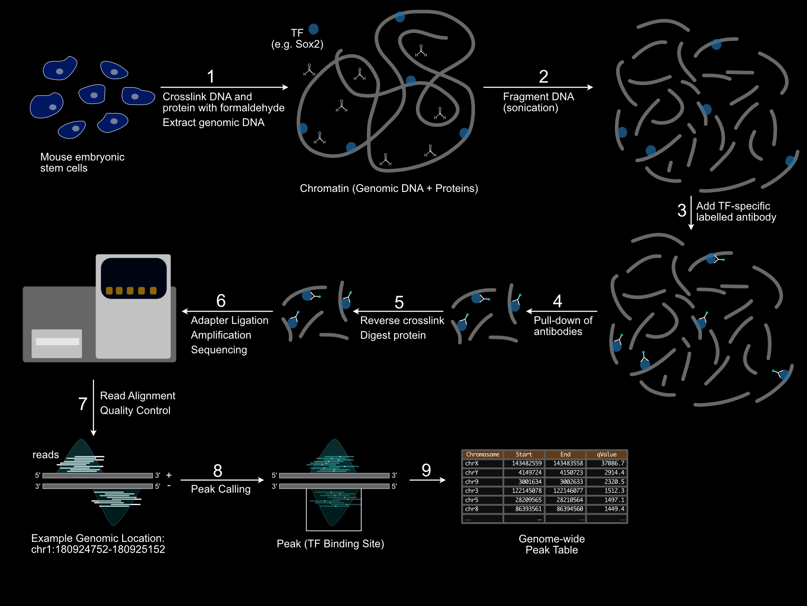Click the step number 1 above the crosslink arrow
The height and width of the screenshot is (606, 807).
pos(211,77)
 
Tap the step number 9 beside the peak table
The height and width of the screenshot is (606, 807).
pos(426,470)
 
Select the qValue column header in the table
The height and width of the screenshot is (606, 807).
pos(606,454)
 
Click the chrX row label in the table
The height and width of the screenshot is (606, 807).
pos(472,463)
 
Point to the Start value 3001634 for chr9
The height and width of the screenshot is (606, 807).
pos(529,482)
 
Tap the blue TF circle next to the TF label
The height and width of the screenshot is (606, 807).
pos(313,29)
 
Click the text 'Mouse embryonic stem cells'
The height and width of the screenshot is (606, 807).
pos(82,162)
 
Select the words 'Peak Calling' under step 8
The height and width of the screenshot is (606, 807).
pos(220,489)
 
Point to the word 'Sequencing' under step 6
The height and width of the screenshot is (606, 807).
pos(219,350)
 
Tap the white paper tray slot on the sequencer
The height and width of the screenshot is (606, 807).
pos(58,341)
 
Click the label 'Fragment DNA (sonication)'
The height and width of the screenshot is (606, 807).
pos(538,102)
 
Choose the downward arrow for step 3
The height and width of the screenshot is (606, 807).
pos(691,212)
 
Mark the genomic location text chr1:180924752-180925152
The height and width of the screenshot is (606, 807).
pos(98,550)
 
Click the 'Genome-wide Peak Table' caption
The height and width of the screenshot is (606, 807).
pos(551,544)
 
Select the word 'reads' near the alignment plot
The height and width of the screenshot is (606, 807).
pos(45,455)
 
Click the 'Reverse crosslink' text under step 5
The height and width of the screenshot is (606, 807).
pos(402,321)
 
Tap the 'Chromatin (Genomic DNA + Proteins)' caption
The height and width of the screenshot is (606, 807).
pos(389,188)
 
